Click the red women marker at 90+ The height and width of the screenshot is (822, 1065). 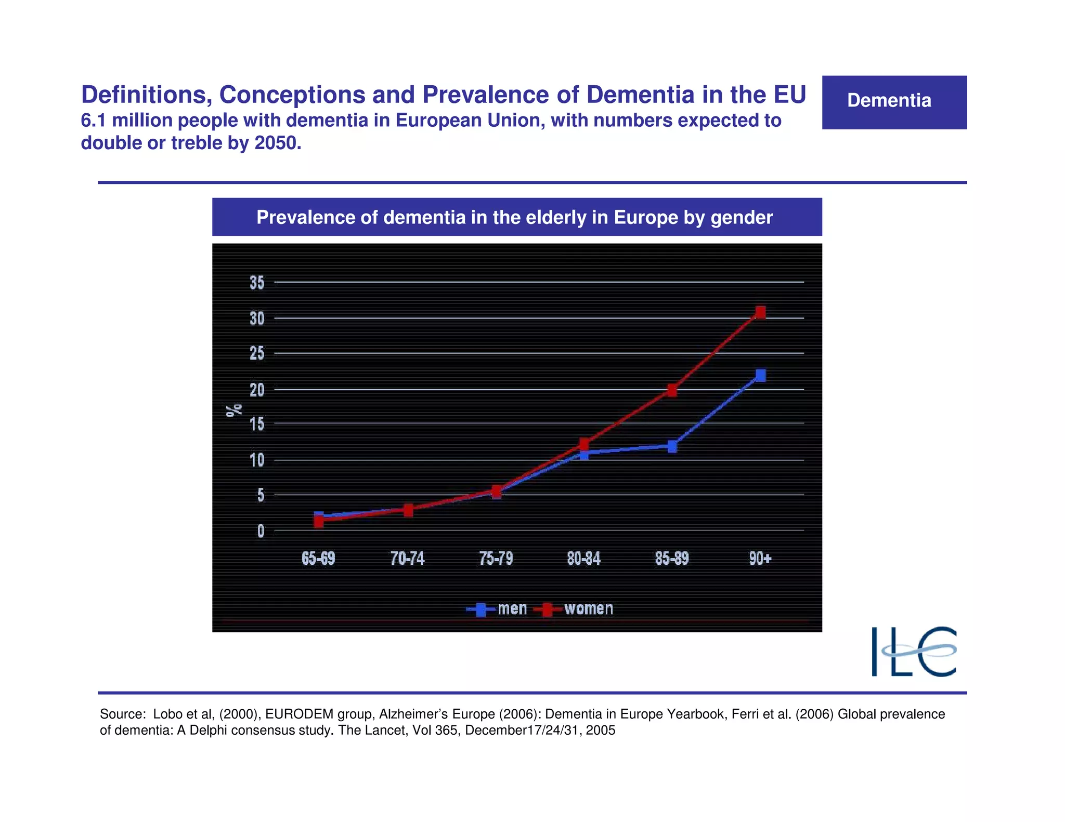tap(760, 312)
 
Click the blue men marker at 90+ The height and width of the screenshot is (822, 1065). tap(760, 375)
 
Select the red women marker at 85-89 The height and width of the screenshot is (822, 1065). tap(672, 390)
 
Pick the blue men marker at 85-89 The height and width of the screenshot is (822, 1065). tap(672, 446)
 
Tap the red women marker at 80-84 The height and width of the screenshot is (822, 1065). tap(584, 443)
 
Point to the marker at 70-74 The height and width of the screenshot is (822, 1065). tap(408, 510)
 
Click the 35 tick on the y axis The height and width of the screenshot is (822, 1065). tap(257, 283)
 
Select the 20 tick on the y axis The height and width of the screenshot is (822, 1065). tap(257, 390)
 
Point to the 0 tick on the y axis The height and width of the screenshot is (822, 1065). tap(261, 531)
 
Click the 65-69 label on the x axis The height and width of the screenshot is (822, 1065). tap(318, 559)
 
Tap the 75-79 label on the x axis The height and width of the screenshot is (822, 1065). tap(496, 559)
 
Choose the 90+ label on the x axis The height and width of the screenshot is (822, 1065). tap(760, 559)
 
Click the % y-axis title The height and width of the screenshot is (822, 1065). tap(234, 409)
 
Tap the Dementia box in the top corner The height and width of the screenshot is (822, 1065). tap(894, 102)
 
